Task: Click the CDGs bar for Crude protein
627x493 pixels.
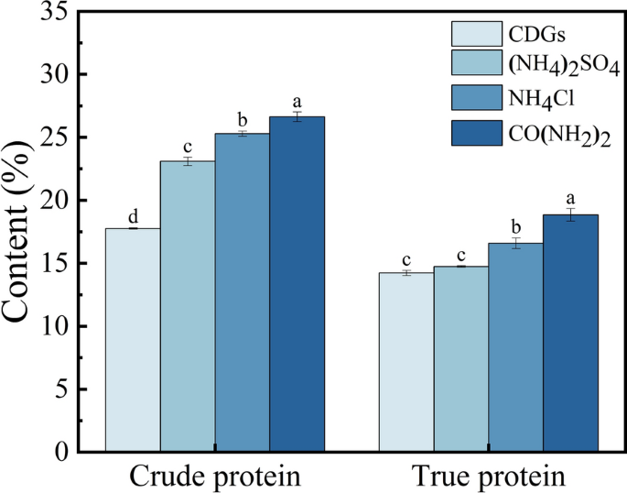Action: point(133,339)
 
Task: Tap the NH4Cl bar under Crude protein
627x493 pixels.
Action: point(243,292)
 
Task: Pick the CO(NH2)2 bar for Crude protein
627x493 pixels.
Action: point(297,284)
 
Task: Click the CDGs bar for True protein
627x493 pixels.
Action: point(406,362)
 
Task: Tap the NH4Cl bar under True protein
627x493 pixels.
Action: point(515,347)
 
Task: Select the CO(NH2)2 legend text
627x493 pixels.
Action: point(557,133)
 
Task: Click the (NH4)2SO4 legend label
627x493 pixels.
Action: point(557,65)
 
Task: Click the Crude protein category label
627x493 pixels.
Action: point(215,477)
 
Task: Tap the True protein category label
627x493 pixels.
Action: point(488,477)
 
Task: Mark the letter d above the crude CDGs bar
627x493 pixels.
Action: point(133,217)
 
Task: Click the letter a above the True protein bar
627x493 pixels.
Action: point(570,198)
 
